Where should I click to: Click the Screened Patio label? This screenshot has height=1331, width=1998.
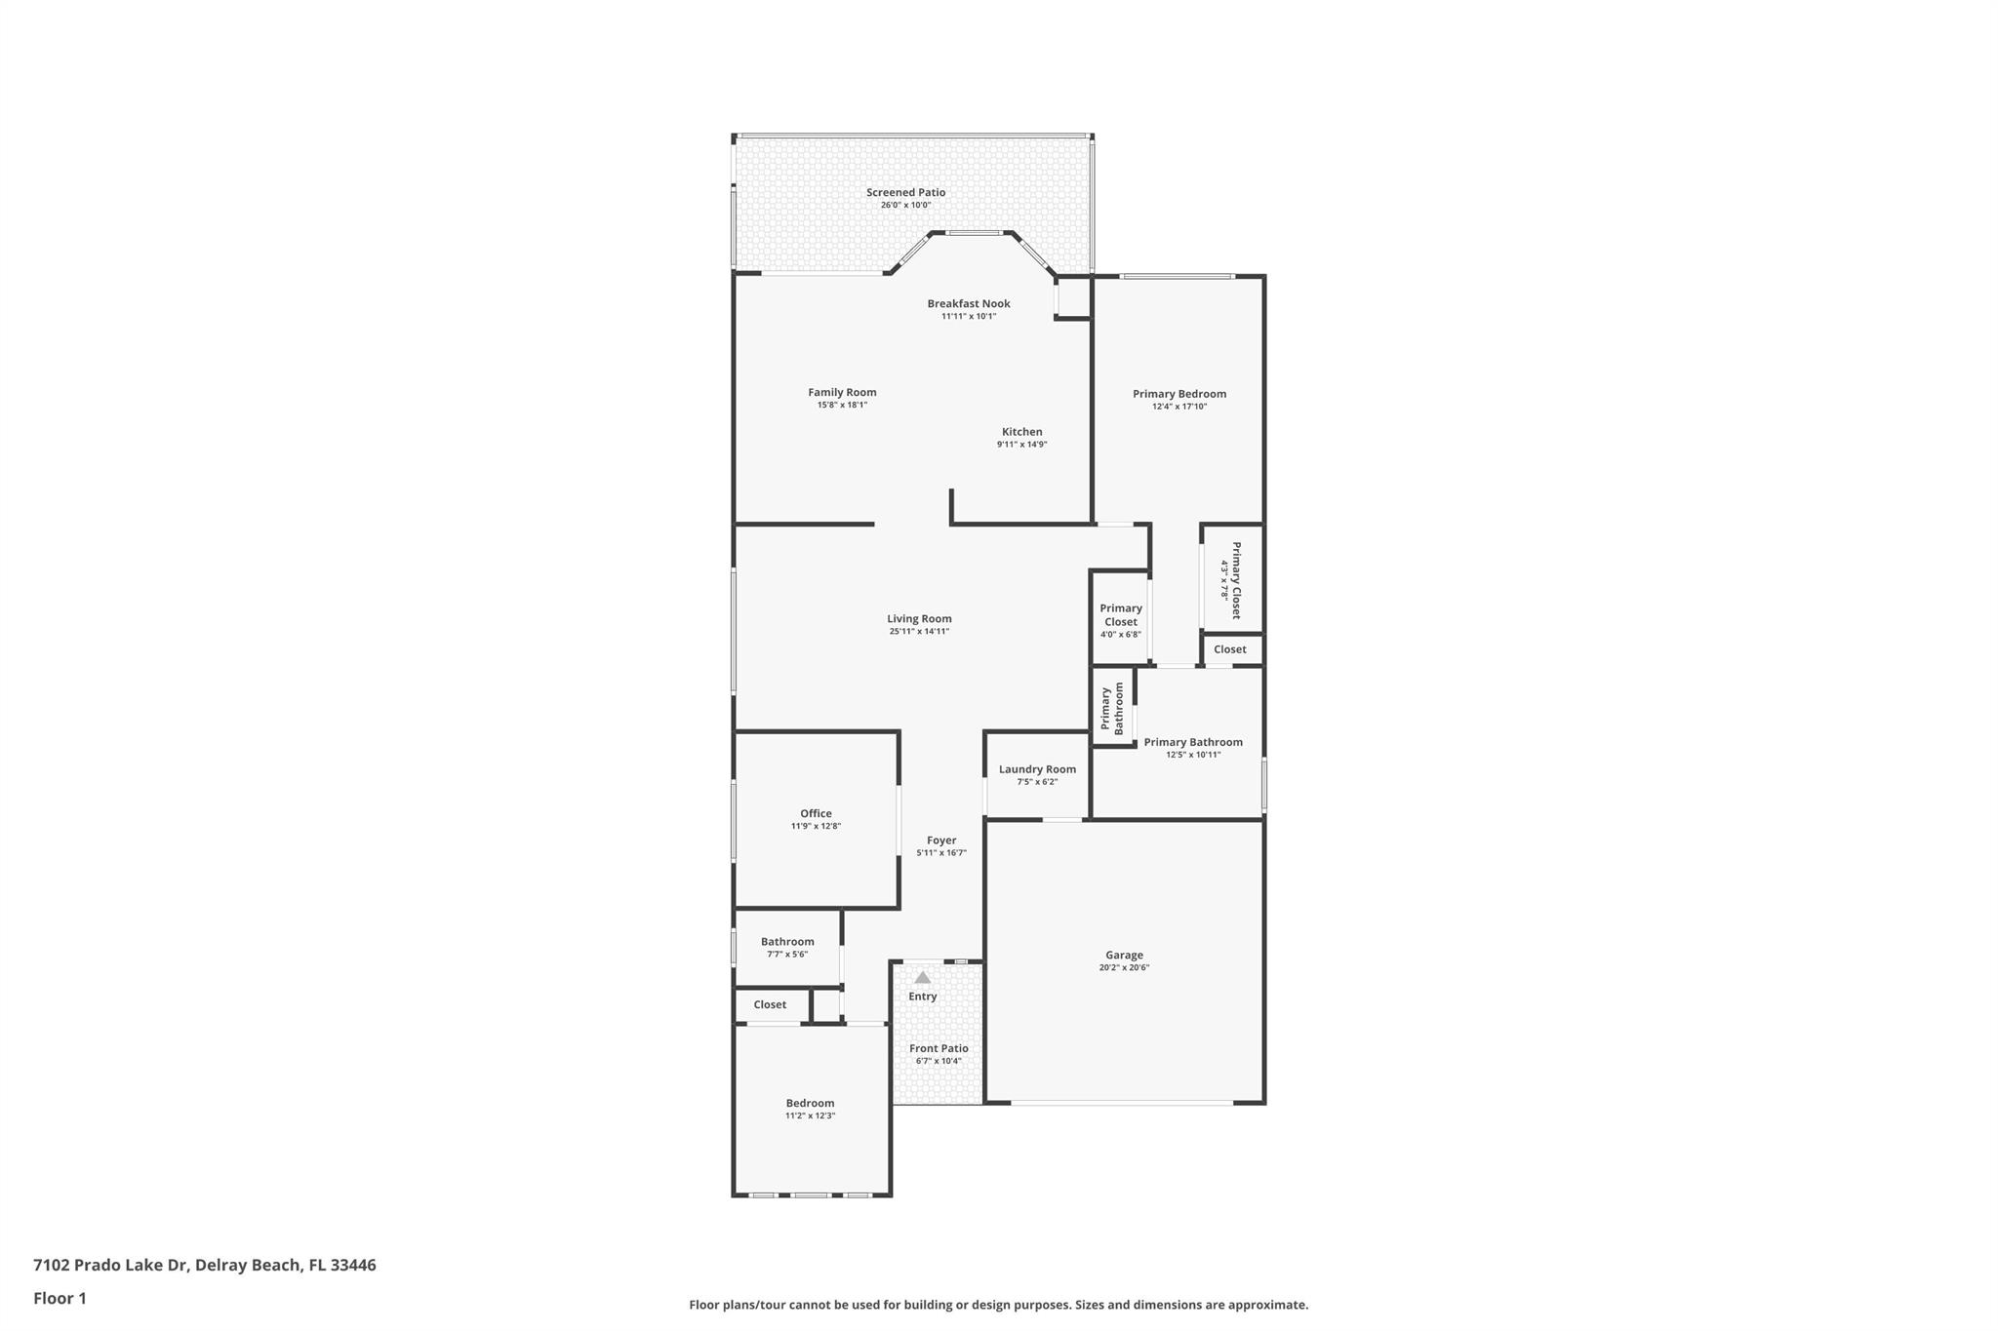point(905,193)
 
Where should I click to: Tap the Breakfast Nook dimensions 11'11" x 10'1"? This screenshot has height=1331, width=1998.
point(968,316)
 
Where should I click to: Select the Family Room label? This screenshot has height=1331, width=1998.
point(842,393)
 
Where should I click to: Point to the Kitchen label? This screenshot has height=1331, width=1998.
point(1021,432)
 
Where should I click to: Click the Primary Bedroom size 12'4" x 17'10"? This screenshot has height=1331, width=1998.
point(1179,407)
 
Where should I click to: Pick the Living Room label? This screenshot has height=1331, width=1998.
point(919,619)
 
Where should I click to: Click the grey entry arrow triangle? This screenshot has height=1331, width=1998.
point(922,977)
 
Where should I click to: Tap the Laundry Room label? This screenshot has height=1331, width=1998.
point(1037,769)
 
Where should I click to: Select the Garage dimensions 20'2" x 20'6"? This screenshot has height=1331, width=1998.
point(1124,968)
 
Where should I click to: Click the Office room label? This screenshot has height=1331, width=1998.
point(816,814)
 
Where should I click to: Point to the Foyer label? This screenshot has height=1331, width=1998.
point(941,841)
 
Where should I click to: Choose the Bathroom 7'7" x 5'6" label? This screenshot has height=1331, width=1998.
point(787,942)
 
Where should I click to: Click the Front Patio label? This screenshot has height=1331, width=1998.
point(939,1049)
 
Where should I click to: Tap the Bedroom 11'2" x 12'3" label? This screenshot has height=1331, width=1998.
point(810,1104)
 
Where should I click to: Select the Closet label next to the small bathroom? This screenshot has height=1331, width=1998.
point(770,1005)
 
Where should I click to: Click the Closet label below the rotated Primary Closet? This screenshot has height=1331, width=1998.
point(1229,649)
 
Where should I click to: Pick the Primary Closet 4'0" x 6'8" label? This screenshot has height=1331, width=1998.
point(1120,615)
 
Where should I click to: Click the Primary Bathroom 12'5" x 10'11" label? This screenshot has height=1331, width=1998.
point(1192,743)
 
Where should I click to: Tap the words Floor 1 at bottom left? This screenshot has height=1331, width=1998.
point(60,1299)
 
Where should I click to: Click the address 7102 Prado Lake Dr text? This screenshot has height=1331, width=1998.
point(109,1266)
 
